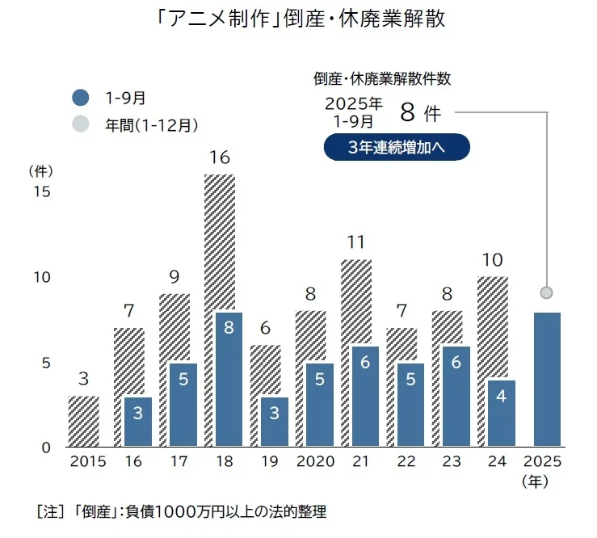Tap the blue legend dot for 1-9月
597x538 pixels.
click(x=80, y=98)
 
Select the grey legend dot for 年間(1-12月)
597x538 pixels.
click(x=80, y=124)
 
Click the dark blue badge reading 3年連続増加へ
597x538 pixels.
click(x=396, y=147)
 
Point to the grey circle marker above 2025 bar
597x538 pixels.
click(x=547, y=292)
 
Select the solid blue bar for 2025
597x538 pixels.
click(x=547, y=379)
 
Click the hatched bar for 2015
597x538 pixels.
click(x=83, y=421)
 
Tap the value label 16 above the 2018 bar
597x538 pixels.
click(x=220, y=158)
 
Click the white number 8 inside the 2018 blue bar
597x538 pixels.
click(x=229, y=328)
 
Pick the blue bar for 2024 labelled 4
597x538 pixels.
click(x=502, y=412)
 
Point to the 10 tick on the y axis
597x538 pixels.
click(x=40, y=277)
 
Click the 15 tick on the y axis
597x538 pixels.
click(x=40, y=192)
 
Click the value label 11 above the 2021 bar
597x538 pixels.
click(x=356, y=242)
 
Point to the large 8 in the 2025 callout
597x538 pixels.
click(x=407, y=111)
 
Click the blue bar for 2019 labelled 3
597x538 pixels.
click(x=274, y=421)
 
